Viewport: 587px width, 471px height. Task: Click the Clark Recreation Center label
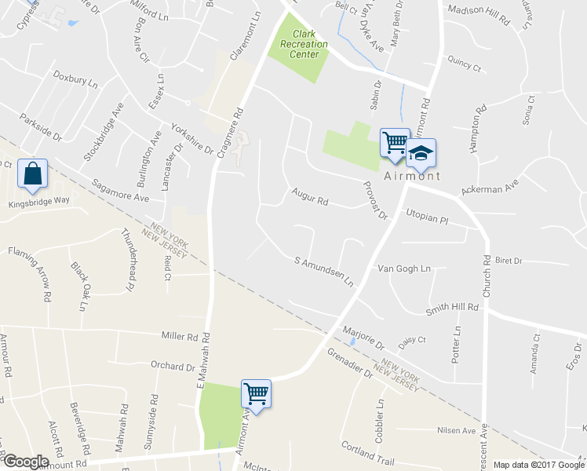click(x=298, y=44)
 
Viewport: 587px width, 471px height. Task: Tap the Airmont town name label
click(x=412, y=176)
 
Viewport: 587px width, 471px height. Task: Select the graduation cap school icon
click(x=421, y=152)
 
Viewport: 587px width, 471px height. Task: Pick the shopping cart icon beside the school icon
click(x=395, y=142)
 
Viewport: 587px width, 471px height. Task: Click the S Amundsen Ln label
click(x=324, y=271)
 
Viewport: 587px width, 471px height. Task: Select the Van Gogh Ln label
click(x=404, y=268)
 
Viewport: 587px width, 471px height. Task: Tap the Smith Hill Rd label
click(x=451, y=309)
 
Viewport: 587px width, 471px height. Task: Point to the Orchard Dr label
click(x=172, y=366)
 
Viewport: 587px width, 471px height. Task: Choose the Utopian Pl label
click(x=426, y=217)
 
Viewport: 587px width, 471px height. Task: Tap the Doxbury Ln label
click(x=75, y=78)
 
